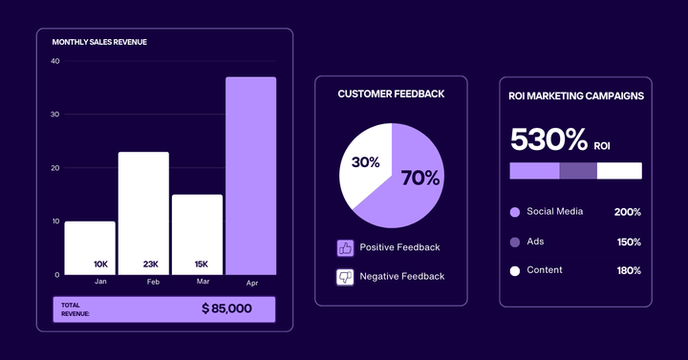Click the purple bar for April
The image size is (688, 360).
[x=250, y=176]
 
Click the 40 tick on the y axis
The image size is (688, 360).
[x=54, y=61]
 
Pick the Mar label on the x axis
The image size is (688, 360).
[x=203, y=282]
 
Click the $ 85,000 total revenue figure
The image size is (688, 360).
[x=226, y=308]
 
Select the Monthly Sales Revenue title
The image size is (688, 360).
[x=99, y=42]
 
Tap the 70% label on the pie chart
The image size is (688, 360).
[x=420, y=178]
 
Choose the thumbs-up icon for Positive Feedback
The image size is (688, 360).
[x=345, y=248]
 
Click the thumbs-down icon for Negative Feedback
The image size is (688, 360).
[x=345, y=277]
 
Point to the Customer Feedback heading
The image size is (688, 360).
[x=391, y=95]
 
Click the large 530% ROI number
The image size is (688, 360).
[x=548, y=139]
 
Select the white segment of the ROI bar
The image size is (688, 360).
[x=619, y=171]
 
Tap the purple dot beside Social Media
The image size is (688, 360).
[x=515, y=212]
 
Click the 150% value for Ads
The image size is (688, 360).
[x=628, y=242]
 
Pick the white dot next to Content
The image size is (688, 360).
[x=515, y=270]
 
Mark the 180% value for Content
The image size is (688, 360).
[x=628, y=270]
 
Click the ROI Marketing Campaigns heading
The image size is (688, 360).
[x=575, y=95]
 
